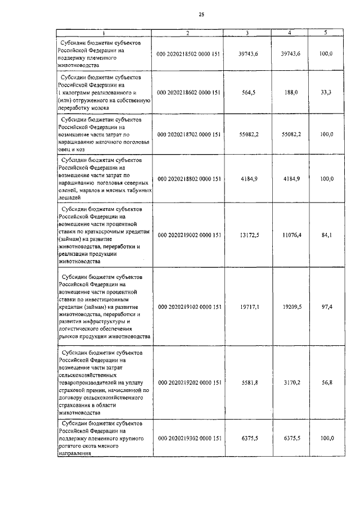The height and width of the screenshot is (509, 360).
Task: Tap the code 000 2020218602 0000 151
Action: pyautogui.click(x=189, y=93)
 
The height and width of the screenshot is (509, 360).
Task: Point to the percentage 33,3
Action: pyautogui.click(x=326, y=93)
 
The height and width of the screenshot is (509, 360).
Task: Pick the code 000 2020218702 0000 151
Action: pyautogui.click(x=189, y=135)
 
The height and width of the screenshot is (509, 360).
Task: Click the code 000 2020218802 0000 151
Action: pyautogui.click(x=189, y=179)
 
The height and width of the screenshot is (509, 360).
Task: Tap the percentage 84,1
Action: pyautogui.click(x=326, y=235)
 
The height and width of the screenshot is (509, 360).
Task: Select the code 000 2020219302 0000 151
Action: pyautogui.click(x=189, y=438)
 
